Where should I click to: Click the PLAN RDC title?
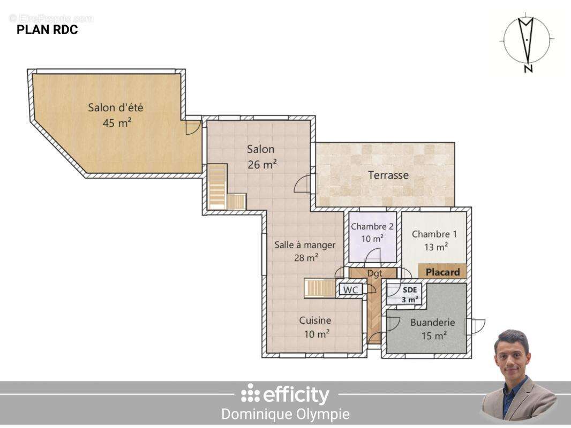point(47,30)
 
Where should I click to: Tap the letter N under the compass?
point(528,69)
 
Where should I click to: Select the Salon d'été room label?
point(116,108)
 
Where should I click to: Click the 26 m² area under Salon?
point(262,165)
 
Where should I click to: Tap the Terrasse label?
point(388,175)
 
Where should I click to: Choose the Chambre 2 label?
point(372,226)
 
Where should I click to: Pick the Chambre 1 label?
point(434,234)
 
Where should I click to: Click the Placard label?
point(442,272)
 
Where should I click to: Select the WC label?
point(351,289)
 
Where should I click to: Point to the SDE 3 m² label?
point(410,295)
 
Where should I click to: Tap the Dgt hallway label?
point(374,273)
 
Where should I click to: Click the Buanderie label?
point(432,323)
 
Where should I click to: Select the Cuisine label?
point(315,320)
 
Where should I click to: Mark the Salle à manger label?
point(305,244)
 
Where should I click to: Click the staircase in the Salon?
point(218,187)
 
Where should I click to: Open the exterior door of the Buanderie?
point(475,326)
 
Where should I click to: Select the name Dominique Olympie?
point(285,414)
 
